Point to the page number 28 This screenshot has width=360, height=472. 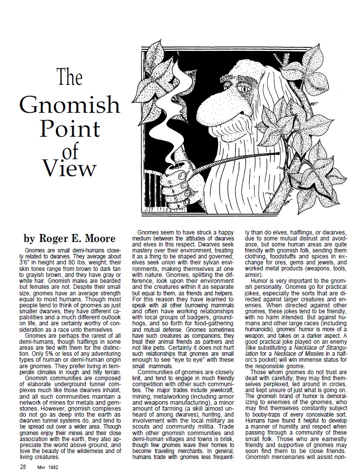(x=23, y=453)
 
